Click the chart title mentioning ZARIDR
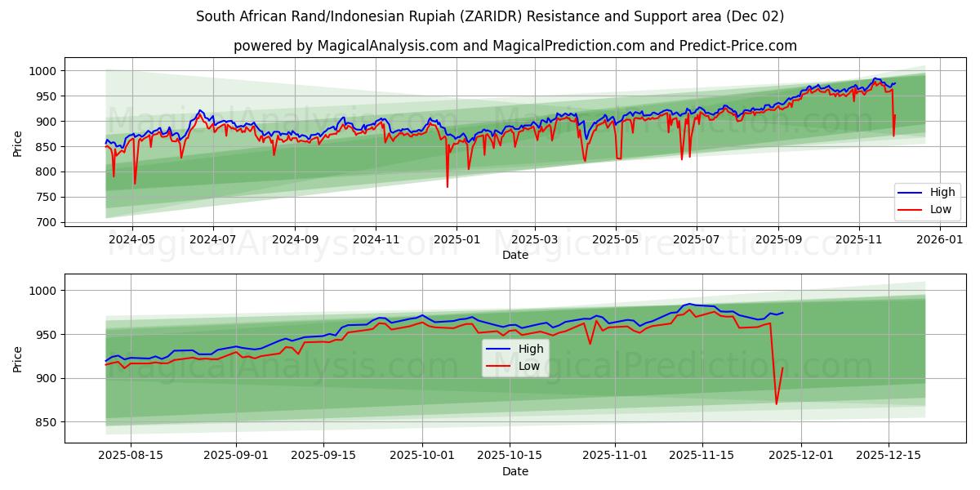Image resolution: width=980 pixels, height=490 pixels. click(490, 16)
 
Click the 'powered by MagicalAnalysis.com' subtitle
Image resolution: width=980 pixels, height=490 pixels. click(514, 46)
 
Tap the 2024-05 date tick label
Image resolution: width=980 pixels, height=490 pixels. click(132, 240)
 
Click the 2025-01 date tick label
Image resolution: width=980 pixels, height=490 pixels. click(456, 240)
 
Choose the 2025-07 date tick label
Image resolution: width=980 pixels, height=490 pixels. click(697, 240)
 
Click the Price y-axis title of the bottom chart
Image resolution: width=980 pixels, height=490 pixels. click(18, 359)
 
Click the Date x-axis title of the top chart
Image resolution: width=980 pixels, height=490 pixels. click(515, 255)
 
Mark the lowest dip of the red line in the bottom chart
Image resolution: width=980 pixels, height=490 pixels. click(777, 403)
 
